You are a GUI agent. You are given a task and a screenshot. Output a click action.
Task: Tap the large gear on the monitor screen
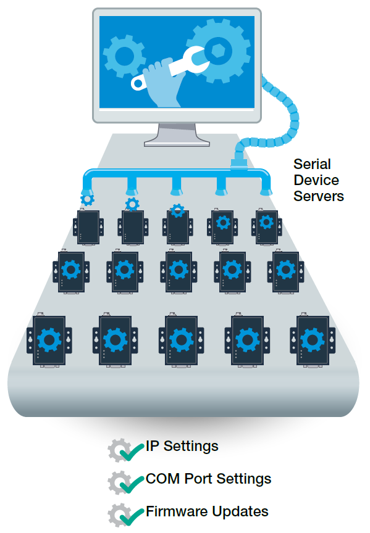pyautogui.click(x=219, y=51)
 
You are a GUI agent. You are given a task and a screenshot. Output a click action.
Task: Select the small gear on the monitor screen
pyautogui.click(x=125, y=56)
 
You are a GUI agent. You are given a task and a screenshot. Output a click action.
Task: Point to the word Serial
pyautogui.click(x=312, y=164)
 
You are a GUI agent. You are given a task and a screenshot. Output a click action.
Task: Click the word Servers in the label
pyautogui.click(x=319, y=196)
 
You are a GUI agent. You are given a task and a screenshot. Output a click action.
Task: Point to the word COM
pyautogui.click(x=163, y=479)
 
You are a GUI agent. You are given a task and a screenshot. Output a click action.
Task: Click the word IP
pyautogui.click(x=153, y=446)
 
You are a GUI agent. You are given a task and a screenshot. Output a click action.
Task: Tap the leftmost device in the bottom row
pyautogui.click(x=49, y=340)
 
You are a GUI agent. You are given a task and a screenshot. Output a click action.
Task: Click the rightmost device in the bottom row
pyautogui.click(x=313, y=340)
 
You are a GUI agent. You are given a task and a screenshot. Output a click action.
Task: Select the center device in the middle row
pyautogui.click(x=179, y=271)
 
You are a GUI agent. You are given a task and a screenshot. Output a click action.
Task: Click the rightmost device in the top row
pyautogui.click(x=266, y=226)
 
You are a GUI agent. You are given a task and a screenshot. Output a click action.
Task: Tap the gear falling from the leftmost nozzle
pyautogui.click(x=88, y=199)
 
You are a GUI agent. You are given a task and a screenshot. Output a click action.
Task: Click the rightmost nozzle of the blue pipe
pyautogui.click(x=266, y=188)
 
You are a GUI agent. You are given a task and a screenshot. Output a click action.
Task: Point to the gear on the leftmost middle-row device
pyautogui.click(x=71, y=270)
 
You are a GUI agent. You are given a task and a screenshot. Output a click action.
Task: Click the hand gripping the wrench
pyautogui.click(x=162, y=83)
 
